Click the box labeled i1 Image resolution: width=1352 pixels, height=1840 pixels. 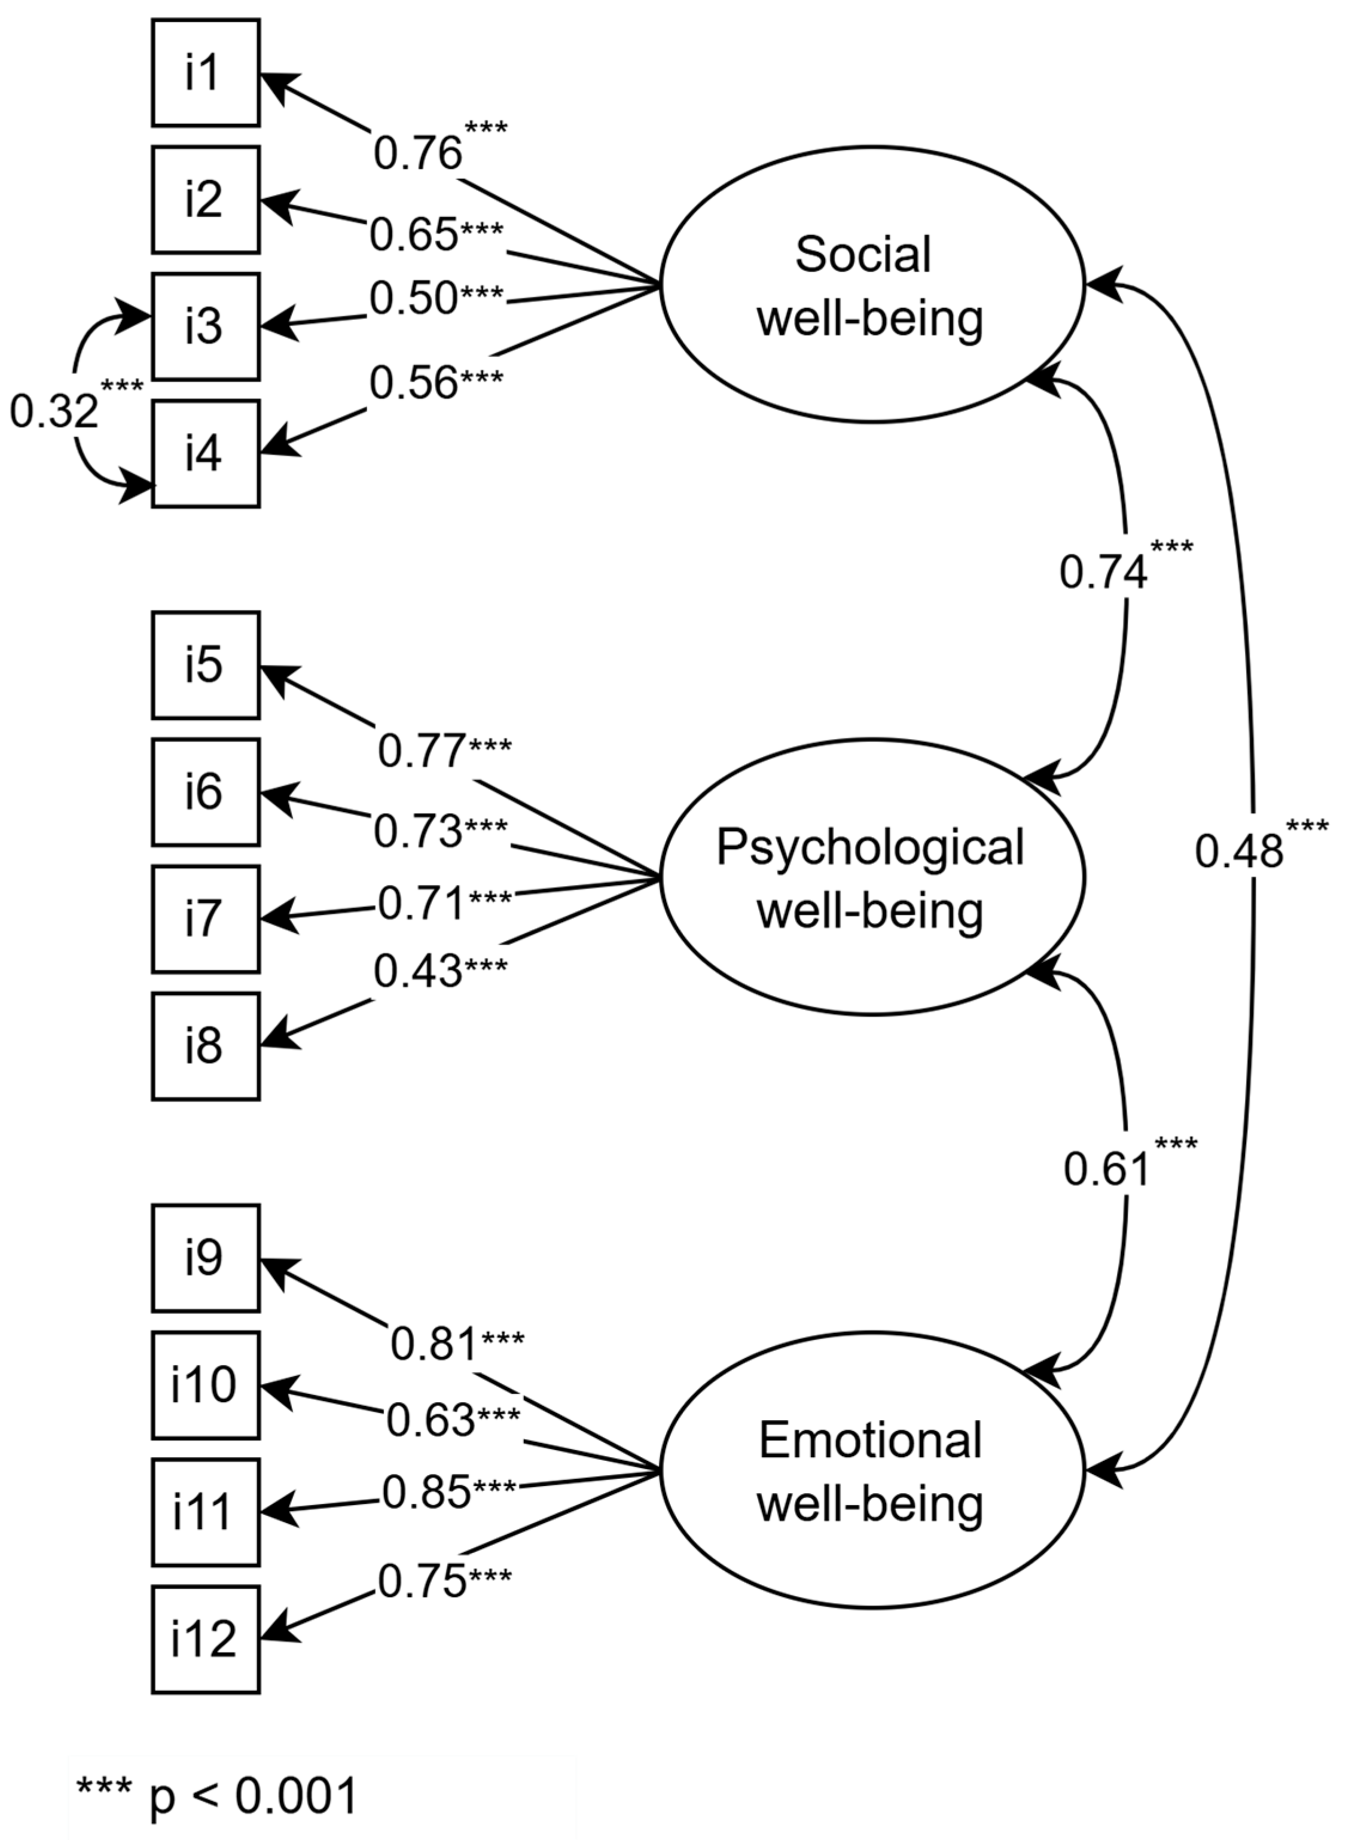tap(206, 73)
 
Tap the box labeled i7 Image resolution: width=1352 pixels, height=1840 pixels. tap(206, 919)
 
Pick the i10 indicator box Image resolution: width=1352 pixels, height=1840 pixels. tap(206, 1385)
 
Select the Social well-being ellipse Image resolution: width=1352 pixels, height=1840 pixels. tap(872, 285)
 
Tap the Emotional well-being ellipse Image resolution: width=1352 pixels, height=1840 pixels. tap(872, 1471)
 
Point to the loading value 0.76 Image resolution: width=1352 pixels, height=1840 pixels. tap(418, 153)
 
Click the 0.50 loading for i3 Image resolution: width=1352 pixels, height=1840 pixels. tap(413, 298)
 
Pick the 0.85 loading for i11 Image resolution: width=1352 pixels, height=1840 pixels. tap(426, 1491)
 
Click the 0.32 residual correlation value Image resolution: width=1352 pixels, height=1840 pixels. tap(53, 411)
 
